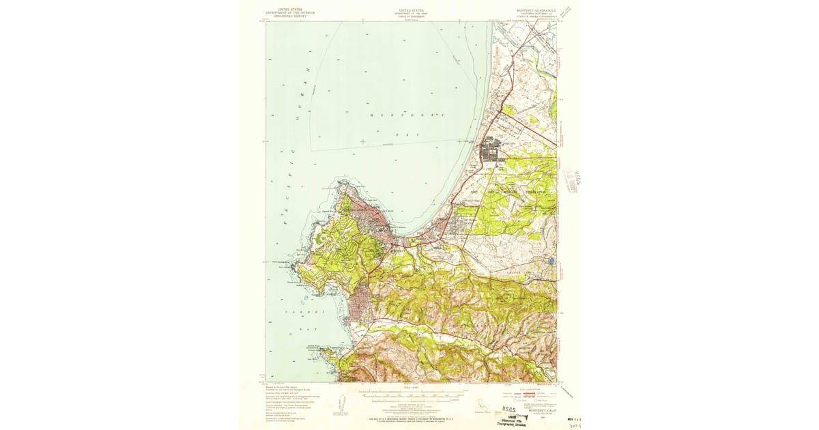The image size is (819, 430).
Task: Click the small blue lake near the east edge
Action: point(550,261)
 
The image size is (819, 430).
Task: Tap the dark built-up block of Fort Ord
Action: point(492,150)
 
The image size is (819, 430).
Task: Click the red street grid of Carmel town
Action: point(359,306)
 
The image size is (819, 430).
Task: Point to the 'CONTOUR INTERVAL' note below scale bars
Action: point(411,403)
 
